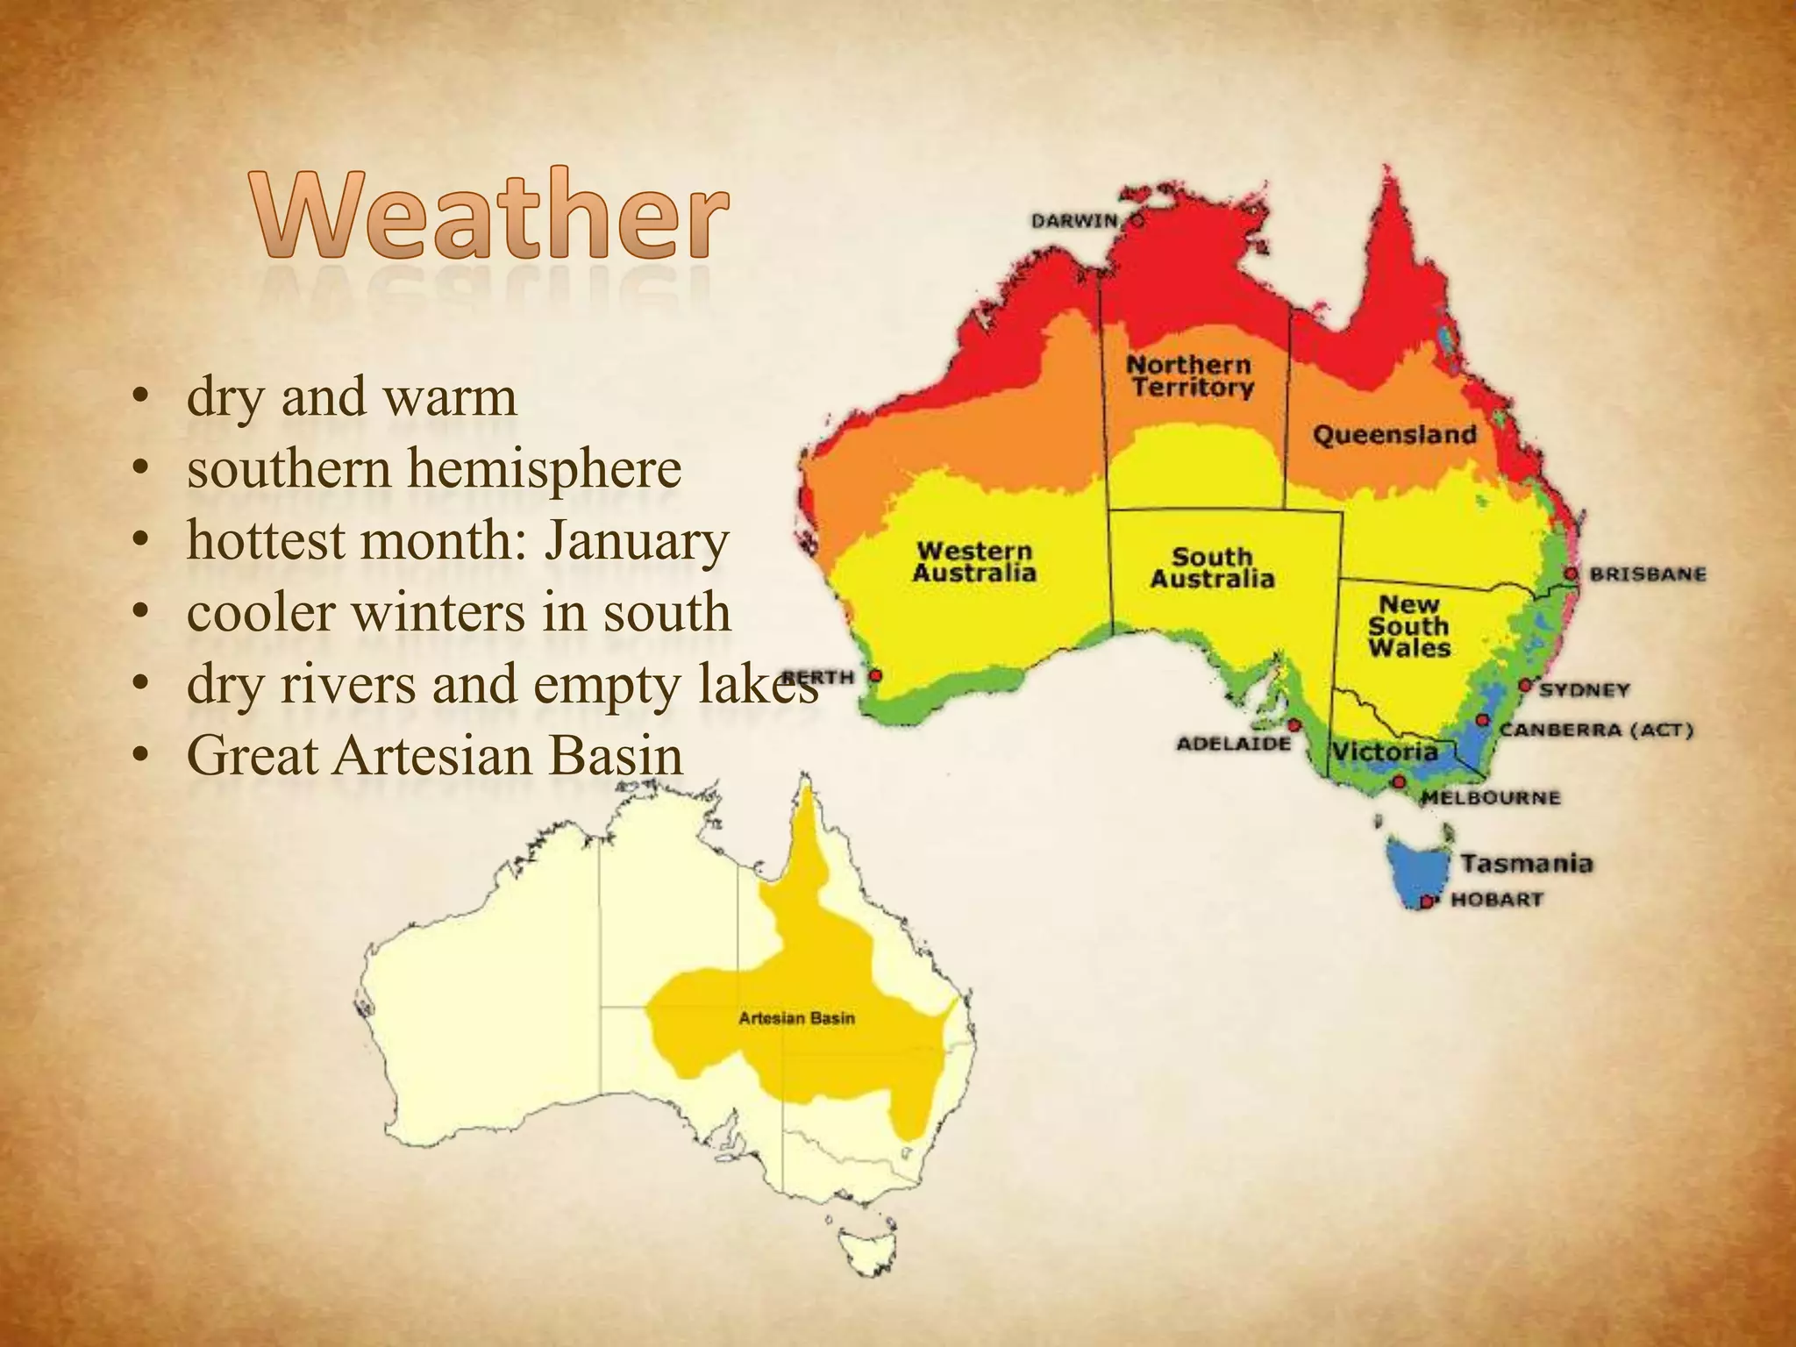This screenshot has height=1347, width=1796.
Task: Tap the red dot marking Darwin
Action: click(1137, 221)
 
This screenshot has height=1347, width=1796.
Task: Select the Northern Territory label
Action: click(1190, 376)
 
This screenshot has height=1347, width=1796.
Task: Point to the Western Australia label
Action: click(974, 562)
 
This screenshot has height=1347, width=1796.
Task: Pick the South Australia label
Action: click(1212, 568)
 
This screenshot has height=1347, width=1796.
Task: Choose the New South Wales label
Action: click(1408, 626)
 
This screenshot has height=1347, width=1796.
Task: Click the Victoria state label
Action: click(1385, 752)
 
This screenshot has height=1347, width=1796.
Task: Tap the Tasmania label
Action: click(1526, 864)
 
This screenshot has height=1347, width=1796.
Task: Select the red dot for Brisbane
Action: click(1571, 574)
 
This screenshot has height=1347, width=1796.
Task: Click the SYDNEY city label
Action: click(1584, 690)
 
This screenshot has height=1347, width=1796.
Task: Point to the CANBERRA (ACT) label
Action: click(1596, 731)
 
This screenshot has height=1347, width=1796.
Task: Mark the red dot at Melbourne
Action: click(1400, 781)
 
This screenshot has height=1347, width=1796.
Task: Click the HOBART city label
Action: click(1496, 900)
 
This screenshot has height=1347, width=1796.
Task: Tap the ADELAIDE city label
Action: click(1233, 744)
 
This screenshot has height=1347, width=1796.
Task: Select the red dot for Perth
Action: click(875, 676)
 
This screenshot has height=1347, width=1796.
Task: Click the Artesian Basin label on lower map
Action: click(796, 1018)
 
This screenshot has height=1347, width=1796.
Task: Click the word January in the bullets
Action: click(637, 541)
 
